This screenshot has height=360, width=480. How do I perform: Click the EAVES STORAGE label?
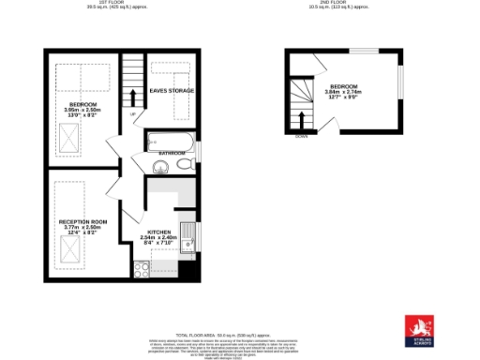point(172,91)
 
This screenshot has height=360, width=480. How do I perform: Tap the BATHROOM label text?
point(171,152)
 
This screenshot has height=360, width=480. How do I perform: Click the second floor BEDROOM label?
point(342,85)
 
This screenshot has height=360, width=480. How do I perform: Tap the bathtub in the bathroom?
point(170,142)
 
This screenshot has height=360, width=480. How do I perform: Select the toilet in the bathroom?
point(184,165)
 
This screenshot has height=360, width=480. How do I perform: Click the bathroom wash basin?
point(158,167)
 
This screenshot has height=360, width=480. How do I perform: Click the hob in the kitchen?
point(143,269)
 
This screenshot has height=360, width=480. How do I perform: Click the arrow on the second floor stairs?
point(302,119)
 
